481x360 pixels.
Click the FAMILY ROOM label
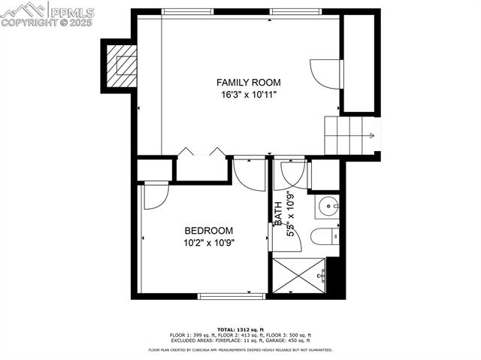[x=248, y=82]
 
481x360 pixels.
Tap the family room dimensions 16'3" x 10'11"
[x=248, y=95]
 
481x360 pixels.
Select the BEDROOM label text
[x=208, y=231]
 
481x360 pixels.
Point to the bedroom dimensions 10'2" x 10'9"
[x=208, y=244]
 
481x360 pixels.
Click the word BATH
[x=278, y=213]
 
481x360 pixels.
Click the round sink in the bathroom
[x=328, y=206]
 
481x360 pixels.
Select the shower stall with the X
[x=299, y=275]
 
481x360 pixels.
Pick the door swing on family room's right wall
[x=326, y=74]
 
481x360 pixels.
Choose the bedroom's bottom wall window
[x=231, y=296]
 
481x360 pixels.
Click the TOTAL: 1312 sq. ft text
[x=240, y=329]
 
